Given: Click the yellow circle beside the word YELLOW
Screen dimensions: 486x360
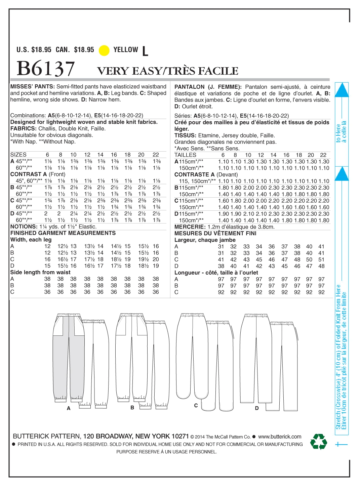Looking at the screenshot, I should [x=104, y=50].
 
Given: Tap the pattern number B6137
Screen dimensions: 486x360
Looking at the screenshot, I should [x=46, y=69].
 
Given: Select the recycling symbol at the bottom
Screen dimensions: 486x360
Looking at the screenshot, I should [x=318, y=441].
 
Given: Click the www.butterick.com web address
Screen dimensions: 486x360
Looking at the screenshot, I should [x=280, y=437].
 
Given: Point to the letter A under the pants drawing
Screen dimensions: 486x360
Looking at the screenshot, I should [x=69, y=408].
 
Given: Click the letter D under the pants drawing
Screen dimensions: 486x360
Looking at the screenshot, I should [x=257, y=408].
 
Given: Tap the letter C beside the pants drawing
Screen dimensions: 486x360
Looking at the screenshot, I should [x=196, y=406].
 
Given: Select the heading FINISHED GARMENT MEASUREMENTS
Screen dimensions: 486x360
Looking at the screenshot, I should [x=63, y=233].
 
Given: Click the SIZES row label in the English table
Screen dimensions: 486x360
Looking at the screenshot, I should [x=18, y=155].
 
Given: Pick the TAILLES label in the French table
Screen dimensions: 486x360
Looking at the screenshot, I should [x=185, y=155].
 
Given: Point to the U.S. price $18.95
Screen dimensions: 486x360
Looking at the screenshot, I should [x=41, y=50].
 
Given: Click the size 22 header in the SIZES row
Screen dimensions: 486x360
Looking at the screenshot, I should [x=156, y=155].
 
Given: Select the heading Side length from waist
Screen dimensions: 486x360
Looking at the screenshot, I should [x=40, y=272].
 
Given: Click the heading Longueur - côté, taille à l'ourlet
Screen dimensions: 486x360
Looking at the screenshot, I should [x=216, y=273].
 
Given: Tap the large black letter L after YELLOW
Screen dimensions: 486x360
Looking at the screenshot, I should [x=145, y=51].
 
